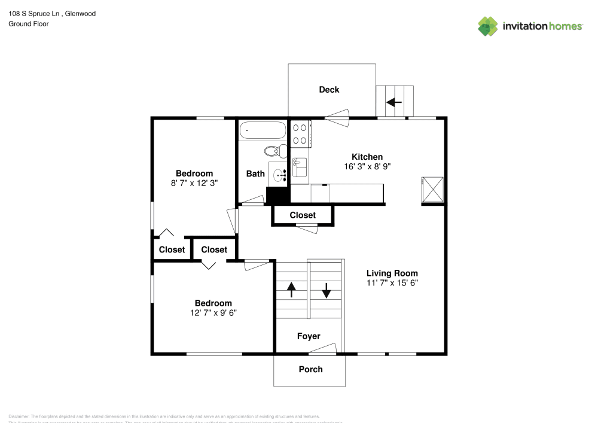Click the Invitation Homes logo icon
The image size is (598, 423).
click(488, 26)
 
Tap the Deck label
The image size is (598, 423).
click(329, 90)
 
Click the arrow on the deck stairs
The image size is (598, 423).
click(394, 102)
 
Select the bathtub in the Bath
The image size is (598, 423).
click(263, 130)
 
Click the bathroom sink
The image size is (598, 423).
click(278, 175)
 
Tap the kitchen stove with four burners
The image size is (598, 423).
click(300, 133)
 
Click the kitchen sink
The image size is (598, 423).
click(300, 167)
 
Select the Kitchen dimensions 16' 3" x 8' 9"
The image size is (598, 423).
click(367, 166)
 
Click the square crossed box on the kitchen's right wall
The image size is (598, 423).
click(432, 189)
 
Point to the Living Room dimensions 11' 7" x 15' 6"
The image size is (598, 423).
click(392, 283)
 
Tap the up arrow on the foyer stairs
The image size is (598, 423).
click(291, 290)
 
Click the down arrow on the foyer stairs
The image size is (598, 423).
click(327, 290)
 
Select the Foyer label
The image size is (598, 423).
click(309, 336)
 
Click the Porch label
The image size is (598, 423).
click(310, 369)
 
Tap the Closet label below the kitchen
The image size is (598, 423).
click(303, 215)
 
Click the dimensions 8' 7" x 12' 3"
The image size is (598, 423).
click(194, 183)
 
